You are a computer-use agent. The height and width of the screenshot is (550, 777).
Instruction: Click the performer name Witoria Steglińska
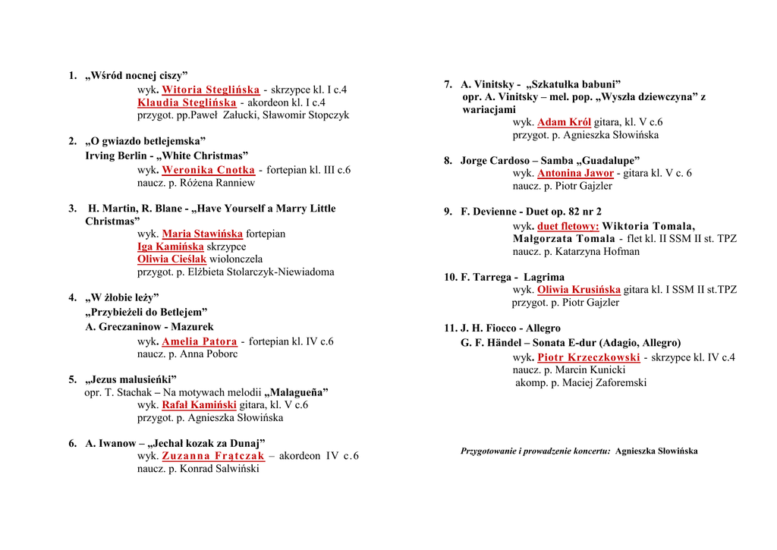coord(211,90)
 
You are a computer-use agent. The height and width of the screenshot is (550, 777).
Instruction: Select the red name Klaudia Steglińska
coord(187,102)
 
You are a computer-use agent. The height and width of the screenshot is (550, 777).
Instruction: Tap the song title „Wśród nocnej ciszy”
coord(136,75)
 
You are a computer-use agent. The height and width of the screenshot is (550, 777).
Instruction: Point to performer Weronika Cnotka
coord(208,170)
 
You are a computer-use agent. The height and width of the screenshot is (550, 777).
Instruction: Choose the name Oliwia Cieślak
coord(171,259)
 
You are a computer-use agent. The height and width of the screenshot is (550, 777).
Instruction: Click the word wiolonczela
coord(236,259)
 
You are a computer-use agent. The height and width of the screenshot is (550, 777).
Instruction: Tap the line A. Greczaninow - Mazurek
coord(149,327)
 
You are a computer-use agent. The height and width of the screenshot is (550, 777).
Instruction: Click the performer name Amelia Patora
coord(200,341)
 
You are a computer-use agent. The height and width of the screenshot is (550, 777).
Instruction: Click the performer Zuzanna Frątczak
coord(212,456)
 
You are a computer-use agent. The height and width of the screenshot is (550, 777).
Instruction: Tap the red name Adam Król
coord(564,122)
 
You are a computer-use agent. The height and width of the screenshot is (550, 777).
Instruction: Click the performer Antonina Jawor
coord(575,173)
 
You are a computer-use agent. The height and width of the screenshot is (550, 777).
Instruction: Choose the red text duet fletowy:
coord(568,226)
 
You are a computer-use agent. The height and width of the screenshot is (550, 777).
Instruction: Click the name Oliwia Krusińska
coord(578,290)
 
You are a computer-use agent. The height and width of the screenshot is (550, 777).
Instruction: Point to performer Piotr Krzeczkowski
coord(588,357)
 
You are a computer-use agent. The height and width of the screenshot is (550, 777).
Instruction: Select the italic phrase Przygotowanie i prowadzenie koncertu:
coord(535,451)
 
